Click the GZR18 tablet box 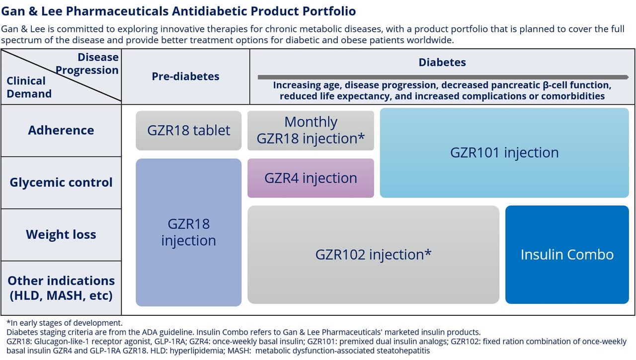tap(188, 131)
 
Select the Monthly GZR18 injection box tap(311, 131)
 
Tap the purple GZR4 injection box tap(311, 178)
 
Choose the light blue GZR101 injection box tap(504, 152)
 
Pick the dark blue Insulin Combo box tap(567, 255)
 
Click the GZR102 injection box tap(373, 255)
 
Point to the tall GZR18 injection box tap(188, 232)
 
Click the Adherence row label tap(61, 131)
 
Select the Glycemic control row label tap(61, 183)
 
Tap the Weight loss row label tap(61, 235)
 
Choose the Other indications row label tap(61, 288)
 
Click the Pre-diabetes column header tap(185, 76)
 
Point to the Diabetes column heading tap(442, 63)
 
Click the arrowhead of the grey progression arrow tap(626, 77)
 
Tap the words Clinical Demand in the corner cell tap(29, 87)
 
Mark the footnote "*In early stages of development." tap(64, 323)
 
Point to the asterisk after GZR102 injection tap(428, 253)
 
